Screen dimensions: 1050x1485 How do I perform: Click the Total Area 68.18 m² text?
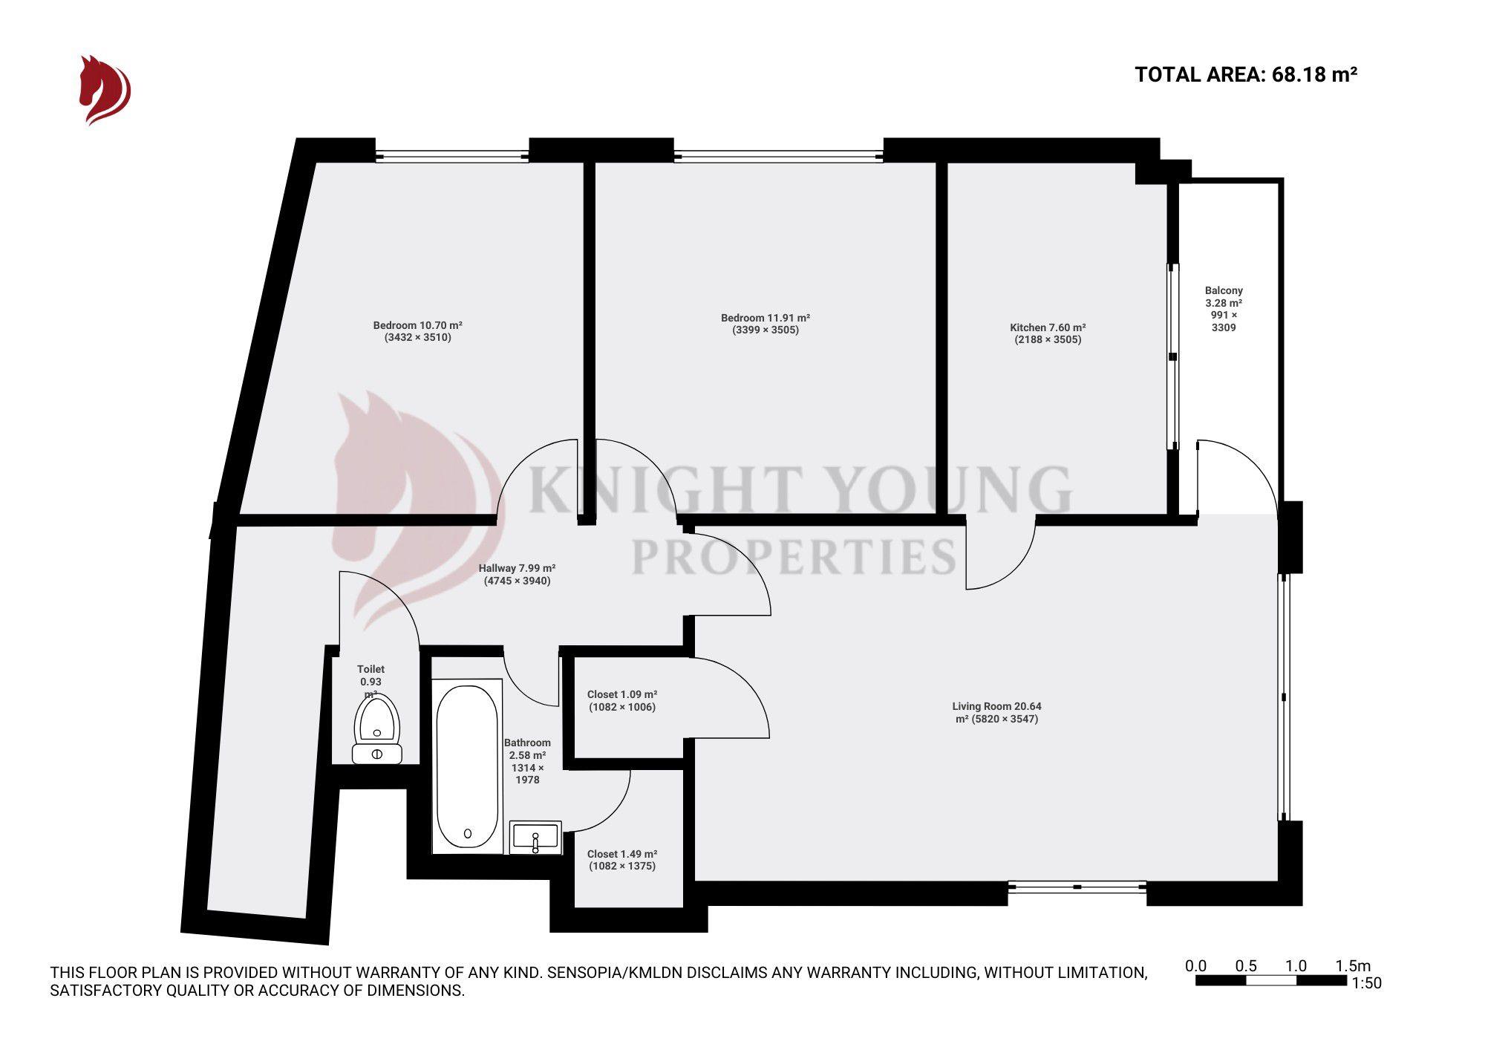(1246, 74)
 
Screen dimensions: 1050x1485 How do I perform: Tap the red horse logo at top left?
(104, 90)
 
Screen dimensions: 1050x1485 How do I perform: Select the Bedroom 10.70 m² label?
(417, 325)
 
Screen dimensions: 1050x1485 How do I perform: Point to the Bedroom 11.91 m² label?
(765, 318)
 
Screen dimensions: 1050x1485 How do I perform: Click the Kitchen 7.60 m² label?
(1048, 327)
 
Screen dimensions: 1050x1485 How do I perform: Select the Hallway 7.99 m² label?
(517, 568)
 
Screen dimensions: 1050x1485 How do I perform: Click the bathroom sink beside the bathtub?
(535, 837)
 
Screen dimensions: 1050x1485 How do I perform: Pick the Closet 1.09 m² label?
(621, 694)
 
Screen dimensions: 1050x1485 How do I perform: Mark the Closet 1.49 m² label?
(621, 854)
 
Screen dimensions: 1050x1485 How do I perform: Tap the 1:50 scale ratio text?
(1366, 983)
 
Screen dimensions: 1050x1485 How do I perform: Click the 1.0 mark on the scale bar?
(1296, 966)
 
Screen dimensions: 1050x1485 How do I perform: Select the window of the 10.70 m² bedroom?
(451, 156)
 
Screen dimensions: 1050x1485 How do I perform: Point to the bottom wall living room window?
(1077, 887)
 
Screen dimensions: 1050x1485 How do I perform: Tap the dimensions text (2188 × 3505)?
(1048, 340)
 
